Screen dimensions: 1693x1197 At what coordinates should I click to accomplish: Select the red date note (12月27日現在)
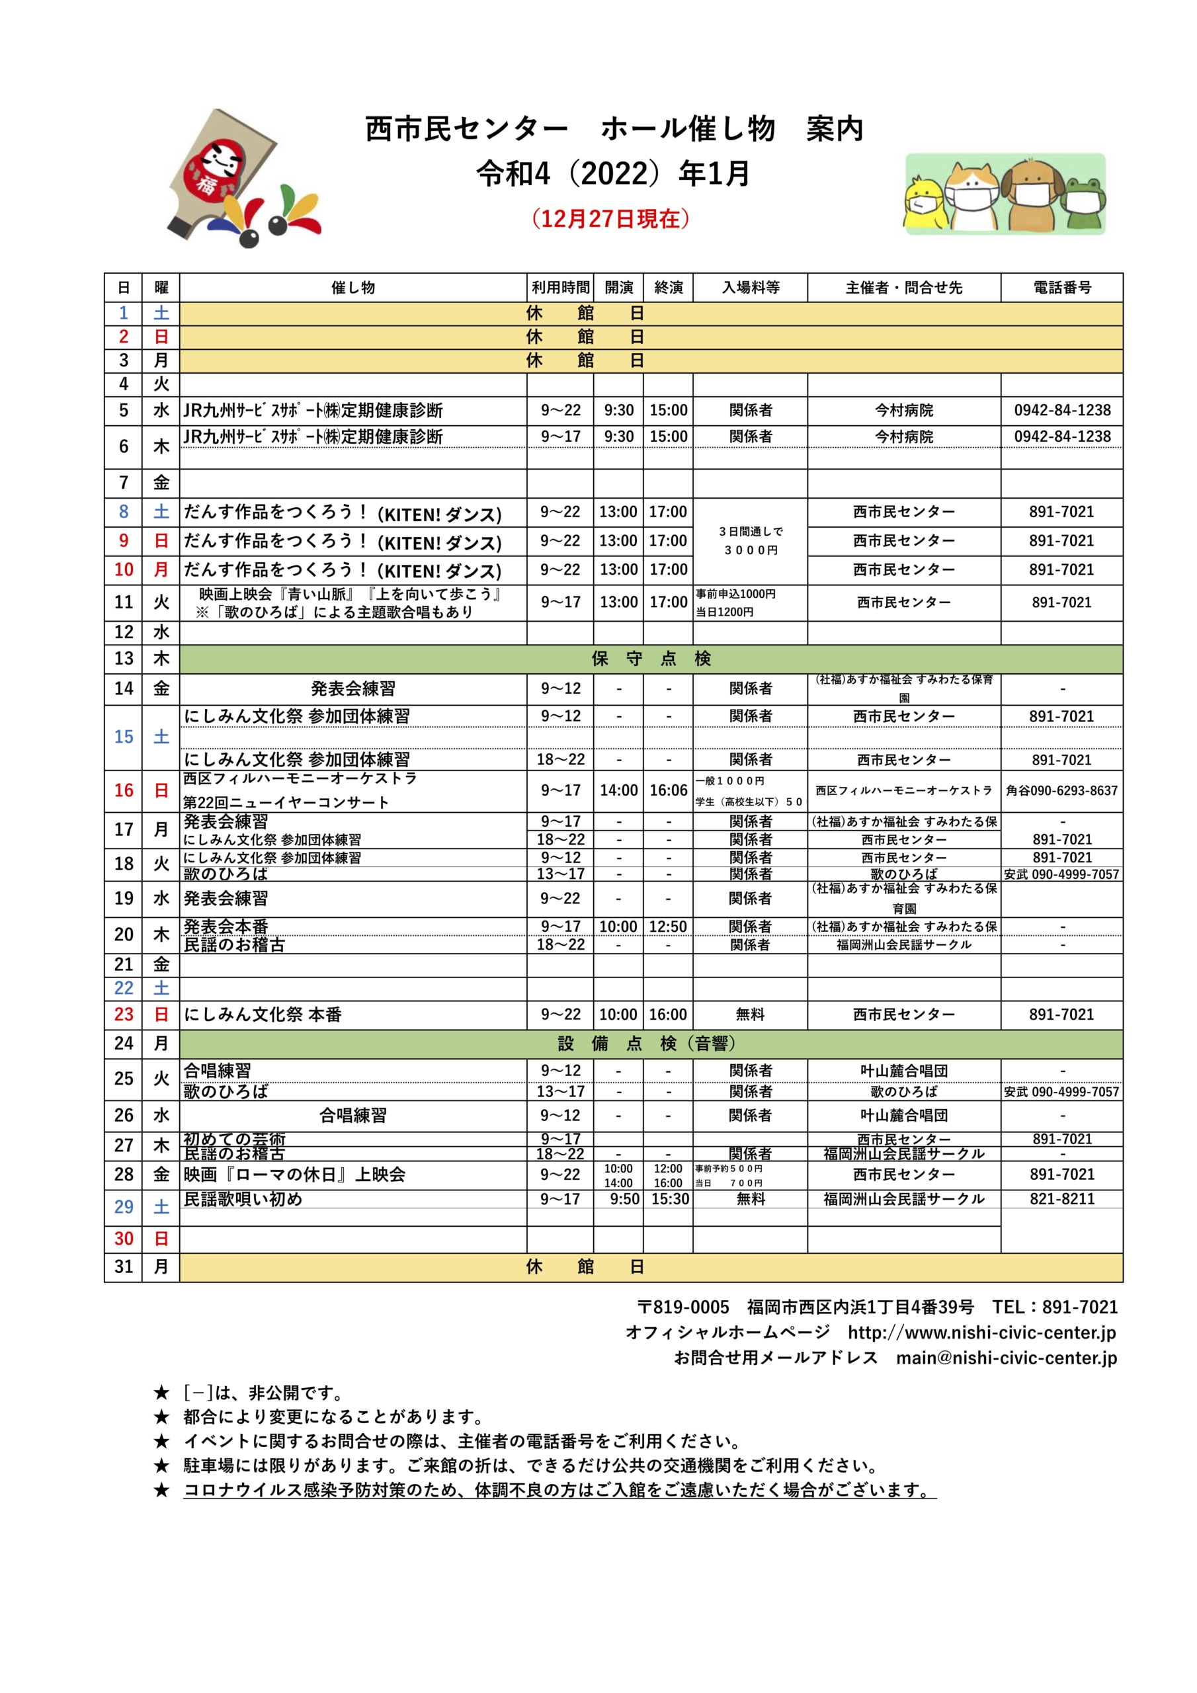[x=610, y=219]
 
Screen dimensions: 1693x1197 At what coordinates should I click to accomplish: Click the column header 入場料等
[x=750, y=288]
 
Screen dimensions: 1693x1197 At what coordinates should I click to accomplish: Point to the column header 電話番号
[x=1061, y=288]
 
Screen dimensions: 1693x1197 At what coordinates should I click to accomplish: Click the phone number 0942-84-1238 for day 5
[x=1061, y=411]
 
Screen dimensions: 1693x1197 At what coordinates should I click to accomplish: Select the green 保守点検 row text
[x=651, y=659]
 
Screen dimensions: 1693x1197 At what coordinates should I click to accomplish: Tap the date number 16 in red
[x=123, y=790]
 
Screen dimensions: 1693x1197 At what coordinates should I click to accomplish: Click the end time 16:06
[x=668, y=790]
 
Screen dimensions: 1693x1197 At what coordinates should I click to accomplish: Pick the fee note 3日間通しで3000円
[x=750, y=540]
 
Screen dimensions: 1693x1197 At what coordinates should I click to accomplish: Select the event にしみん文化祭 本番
[x=263, y=1014]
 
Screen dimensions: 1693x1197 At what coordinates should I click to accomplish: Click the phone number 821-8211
[x=1061, y=1199]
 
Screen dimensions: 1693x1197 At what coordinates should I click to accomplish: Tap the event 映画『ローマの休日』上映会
[x=294, y=1175]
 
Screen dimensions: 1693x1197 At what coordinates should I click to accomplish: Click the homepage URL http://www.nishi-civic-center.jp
[x=981, y=1333]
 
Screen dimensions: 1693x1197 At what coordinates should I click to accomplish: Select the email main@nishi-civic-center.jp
[x=1006, y=1358]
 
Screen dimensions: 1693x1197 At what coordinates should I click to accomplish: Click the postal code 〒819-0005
[x=683, y=1307]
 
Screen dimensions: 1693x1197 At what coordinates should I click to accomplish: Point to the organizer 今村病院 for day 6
[x=903, y=436]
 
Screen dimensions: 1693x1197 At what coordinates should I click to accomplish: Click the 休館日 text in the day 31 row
[x=585, y=1267]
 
